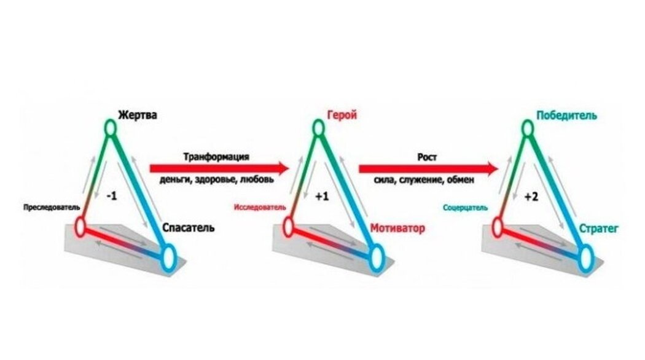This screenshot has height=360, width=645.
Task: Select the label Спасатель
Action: tap(189, 228)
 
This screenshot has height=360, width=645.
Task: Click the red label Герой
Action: tap(342, 115)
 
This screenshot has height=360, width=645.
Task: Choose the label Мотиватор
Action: tap(397, 229)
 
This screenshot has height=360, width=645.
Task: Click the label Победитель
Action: tap(566, 115)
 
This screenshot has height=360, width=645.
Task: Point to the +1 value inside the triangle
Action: tap(321, 197)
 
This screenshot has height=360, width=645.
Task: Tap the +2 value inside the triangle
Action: tap(531, 197)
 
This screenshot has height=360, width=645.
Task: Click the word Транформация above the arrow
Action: tap(216, 157)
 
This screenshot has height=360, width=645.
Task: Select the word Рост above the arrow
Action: tap(428, 157)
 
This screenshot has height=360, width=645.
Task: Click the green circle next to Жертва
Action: tap(109, 128)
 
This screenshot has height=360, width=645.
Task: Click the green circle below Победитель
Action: tap(527, 128)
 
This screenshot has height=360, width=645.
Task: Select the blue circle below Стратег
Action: tap(585, 256)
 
